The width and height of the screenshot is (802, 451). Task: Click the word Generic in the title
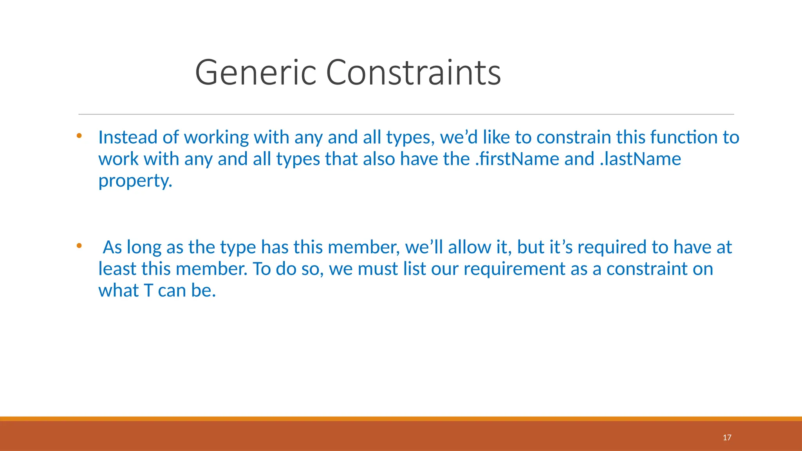pyautogui.click(x=255, y=72)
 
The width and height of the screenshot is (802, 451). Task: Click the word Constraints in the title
pyautogui.click(x=413, y=72)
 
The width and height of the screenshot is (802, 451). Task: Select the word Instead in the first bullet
pyautogui.click(x=128, y=137)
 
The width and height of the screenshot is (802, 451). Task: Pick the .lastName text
pyautogui.click(x=640, y=159)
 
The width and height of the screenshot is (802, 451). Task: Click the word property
pyautogui.click(x=135, y=181)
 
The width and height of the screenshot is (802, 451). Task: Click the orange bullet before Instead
pyautogui.click(x=79, y=136)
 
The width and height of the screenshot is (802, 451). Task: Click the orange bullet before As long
pyautogui.click(x=79, y=246)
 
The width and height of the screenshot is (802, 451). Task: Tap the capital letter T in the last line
pyautogui.click(x=148, y=291)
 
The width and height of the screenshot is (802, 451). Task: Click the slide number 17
pyautogui.click(x=727, y=438)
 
